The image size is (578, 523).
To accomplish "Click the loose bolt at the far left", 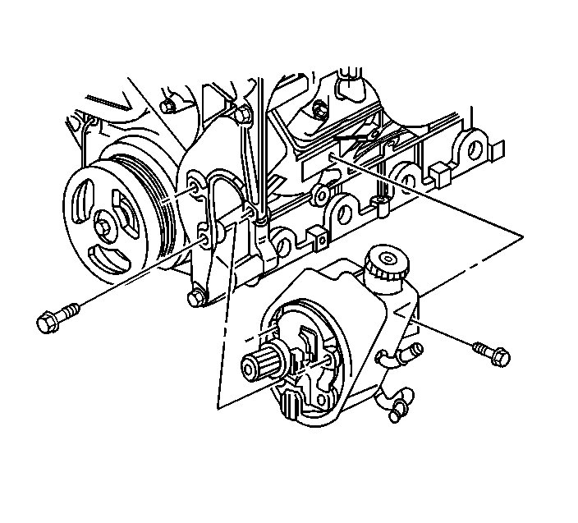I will tap(56, 317).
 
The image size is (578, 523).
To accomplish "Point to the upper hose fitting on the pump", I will tap(402, 354).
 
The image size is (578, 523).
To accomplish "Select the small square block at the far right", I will tap(437, 173).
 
